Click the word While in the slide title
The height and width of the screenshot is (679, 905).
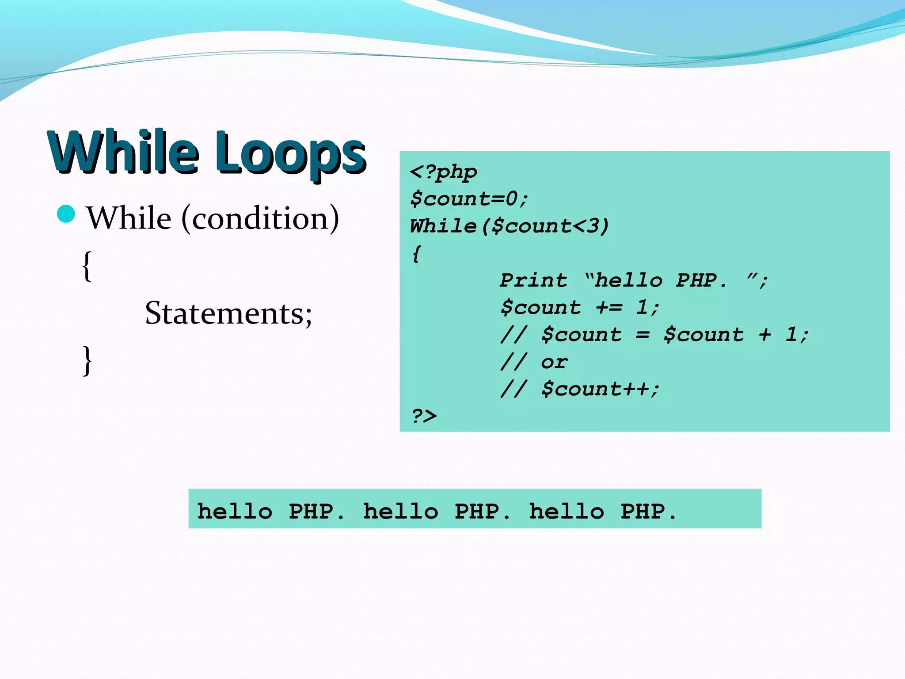[124, 153]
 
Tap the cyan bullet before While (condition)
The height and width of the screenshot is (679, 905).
[66, 214]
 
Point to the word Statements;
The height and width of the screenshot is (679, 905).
[228, 313]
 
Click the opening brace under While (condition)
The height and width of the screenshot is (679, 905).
[87, 265]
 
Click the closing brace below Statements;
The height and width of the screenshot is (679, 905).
[87, 360]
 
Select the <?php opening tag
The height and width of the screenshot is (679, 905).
[443, 172]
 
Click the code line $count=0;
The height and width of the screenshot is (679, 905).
[469, 198]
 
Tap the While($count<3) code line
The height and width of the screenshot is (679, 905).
[509, 226]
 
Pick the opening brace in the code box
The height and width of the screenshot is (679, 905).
[416, 253]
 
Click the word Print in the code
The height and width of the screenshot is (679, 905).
[533, 280]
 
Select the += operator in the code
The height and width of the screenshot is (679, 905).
[609, 307]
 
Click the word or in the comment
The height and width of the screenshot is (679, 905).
[554, 362]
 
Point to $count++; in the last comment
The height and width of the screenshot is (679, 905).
[601, 389]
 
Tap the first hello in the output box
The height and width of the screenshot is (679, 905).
[235, 511]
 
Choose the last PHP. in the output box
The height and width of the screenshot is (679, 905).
[648, 511]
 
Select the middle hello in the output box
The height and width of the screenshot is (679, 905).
[401, 511]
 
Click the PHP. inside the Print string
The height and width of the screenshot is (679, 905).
[701, 280]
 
